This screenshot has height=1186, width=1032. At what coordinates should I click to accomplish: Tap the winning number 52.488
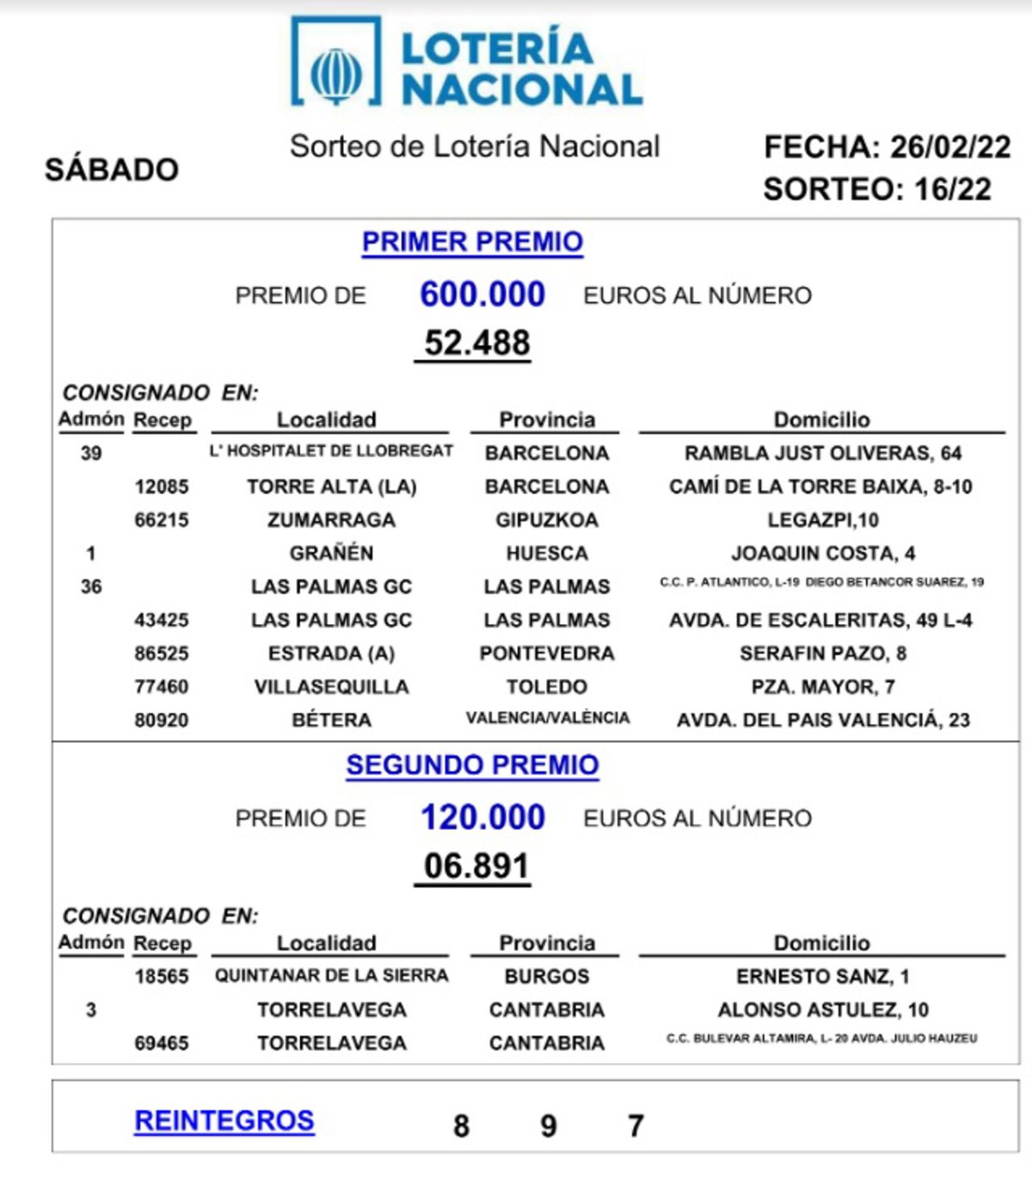tap(476, 343)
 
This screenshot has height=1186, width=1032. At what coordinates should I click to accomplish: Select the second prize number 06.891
tap(476, 866)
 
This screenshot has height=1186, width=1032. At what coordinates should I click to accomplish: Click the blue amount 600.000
tap(482, 294)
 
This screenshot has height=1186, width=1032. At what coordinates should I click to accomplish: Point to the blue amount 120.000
tap(482, 818)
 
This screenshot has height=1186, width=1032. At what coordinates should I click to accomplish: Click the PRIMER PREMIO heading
tap(472, 242)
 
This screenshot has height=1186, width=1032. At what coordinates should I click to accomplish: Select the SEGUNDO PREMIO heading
tap(472, 765)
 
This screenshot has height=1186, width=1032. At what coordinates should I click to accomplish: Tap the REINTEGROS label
tap(224, 1121)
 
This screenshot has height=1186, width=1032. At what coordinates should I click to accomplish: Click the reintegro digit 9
tap(549, 1126)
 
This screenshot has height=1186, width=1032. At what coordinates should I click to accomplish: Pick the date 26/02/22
tap(949, 147)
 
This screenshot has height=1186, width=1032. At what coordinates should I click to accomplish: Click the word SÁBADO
tap(112, 170)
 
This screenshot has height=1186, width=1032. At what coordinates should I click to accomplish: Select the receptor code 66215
tap(162, 520)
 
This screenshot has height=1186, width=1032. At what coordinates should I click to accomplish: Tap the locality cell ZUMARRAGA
tap(331, 520)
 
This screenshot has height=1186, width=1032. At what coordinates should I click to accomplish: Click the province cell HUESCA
tap(547, 553)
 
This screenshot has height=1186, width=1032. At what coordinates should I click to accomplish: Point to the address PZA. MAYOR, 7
tap(822, 687)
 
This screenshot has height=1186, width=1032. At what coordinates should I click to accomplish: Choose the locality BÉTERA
tap(331, 720)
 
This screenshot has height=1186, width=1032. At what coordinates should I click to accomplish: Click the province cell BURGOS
tap(547, 977)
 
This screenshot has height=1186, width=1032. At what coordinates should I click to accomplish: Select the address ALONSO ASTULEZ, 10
tap(822, 1010)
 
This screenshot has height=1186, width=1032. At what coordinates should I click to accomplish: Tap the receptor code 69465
tap(162, 1043)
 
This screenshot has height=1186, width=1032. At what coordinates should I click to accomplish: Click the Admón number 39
tap(91, 454)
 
